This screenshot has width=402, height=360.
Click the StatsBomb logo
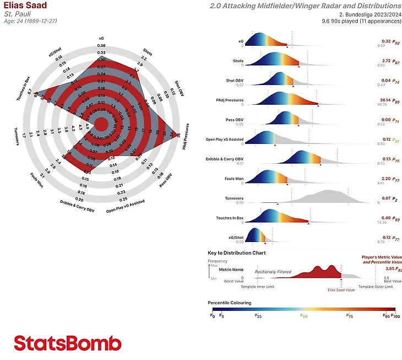click(67, 343)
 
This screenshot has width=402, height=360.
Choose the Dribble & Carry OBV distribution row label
click(221, 159)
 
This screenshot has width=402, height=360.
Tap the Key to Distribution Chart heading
click(236, 252)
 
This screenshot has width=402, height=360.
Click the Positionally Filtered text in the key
click(273, 272)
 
